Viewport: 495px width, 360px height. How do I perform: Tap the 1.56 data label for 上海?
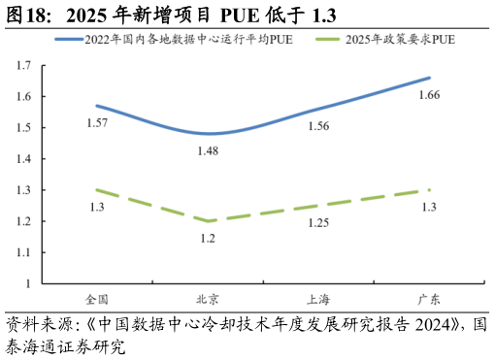(318, 126)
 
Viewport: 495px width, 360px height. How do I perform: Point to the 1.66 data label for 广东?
(428, 95)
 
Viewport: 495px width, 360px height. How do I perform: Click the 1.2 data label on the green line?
(208, 238)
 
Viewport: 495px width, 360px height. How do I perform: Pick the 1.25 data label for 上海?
(318, 222)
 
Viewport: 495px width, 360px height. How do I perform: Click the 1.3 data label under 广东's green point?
(428, 207)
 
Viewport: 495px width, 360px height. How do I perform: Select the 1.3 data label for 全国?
(96, 207)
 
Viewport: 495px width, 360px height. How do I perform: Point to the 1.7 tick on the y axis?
(23, 65)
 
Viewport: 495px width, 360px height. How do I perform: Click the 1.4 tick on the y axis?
(23, 159)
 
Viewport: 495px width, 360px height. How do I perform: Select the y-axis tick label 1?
(28, 283)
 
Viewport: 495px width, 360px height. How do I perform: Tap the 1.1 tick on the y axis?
(23, 252)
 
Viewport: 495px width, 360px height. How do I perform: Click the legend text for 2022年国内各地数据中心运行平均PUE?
(188, 40)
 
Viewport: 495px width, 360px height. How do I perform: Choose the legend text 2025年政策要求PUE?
(400, 40)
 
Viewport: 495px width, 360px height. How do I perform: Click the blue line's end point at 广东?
(429, 78)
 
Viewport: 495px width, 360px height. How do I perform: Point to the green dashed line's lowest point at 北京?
(208, 221)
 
